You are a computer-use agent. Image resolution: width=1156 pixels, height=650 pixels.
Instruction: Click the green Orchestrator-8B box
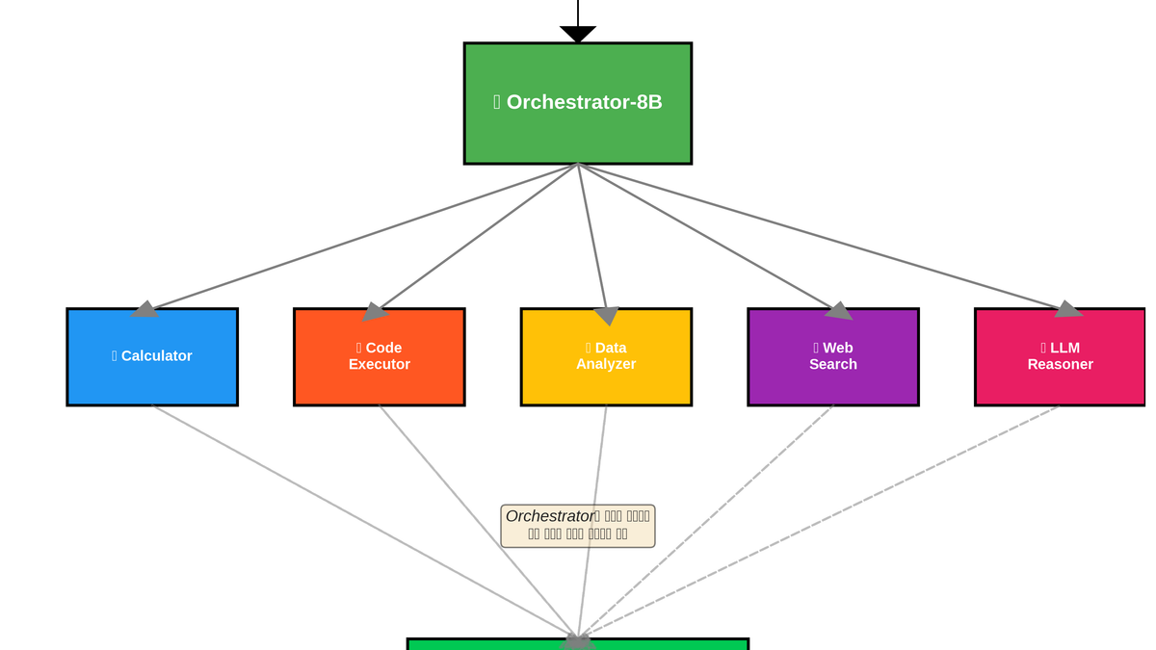(x=578, y=103)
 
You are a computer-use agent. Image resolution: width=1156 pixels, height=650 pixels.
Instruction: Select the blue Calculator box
(x=152, y=357)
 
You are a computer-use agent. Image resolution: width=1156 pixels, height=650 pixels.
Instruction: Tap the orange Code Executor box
(x=380, y=357)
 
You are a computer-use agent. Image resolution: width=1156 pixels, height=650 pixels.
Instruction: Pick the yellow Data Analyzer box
(x=606, y=357)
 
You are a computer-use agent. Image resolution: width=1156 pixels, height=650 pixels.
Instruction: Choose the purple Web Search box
(x=833, y=357)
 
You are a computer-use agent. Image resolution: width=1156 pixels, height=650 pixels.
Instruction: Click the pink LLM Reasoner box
(x=1060, y=357)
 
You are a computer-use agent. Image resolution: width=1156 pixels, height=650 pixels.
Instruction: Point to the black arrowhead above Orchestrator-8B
(x=578, y=34)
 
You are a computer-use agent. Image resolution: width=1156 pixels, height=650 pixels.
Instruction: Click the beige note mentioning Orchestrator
(x=578, y=526)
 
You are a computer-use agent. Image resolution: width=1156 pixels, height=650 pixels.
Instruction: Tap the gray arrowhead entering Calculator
(x=145, y=309)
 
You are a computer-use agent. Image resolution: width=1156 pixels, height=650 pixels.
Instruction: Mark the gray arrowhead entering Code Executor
(x=374, y=312)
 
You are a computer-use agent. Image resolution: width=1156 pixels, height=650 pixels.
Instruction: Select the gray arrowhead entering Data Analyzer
(x=606, y=316)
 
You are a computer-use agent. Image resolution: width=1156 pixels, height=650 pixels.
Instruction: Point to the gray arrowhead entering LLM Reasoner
(x=1067, y=309)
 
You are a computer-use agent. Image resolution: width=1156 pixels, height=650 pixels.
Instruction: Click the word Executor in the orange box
(x=380, y=365)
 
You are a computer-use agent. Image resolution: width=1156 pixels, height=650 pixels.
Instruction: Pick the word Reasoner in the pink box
(x=1060, y=365)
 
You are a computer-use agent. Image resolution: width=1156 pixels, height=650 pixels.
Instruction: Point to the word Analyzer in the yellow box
(x=606, y=365)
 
